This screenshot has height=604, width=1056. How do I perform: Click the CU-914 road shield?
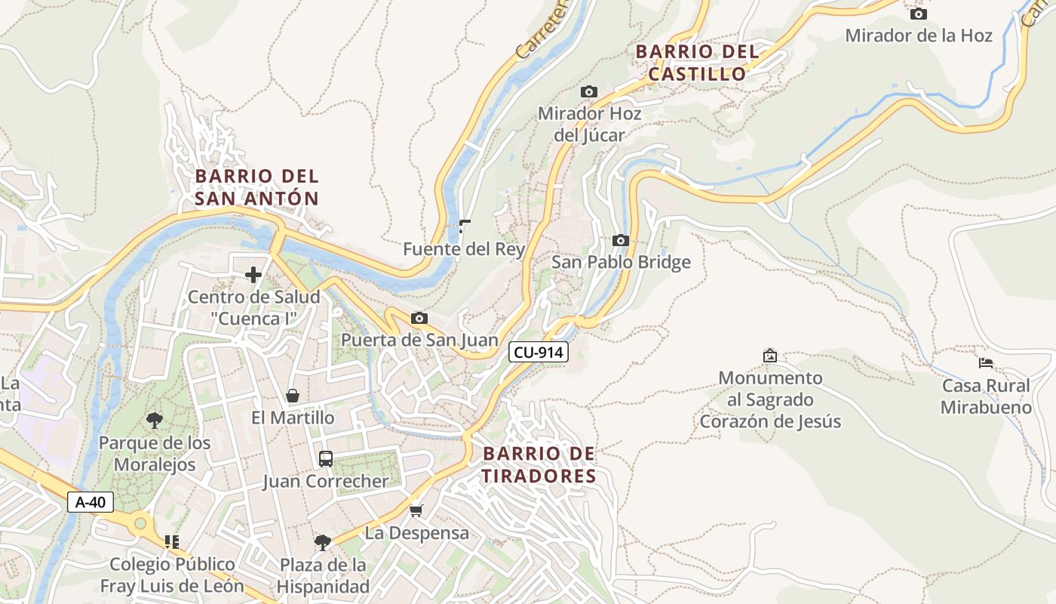point(538,351)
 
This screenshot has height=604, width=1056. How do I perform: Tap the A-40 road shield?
point(91,502)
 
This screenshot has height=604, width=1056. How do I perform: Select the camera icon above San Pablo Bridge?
point(621,240)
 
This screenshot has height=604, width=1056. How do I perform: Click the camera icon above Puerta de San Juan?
point(419,319)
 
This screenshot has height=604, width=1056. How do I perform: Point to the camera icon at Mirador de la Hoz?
point(918,14)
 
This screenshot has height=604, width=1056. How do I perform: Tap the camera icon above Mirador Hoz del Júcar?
point(589,91)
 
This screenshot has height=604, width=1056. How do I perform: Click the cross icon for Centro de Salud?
point(253,274)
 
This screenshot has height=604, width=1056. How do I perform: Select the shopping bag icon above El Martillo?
point(293,396)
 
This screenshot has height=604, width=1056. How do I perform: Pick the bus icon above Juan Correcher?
point(326,458)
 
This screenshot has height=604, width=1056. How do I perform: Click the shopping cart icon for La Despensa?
point(416,511)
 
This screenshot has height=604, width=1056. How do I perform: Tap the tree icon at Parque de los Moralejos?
point(155,420)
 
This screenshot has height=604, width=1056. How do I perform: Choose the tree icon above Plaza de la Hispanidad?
point(323,542)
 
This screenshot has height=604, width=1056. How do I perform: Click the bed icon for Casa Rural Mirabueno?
point(986,362)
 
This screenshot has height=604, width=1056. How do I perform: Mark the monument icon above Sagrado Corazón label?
point(770,355)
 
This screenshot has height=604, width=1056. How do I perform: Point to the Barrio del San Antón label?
point(257,187)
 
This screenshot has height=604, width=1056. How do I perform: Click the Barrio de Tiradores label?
point(539,465)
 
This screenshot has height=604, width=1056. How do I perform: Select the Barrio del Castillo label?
point(697,63)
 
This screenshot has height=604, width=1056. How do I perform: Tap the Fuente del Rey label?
point(464,249)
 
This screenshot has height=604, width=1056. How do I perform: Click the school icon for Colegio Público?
point(172,541)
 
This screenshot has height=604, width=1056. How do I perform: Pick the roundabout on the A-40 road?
point(140,522)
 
